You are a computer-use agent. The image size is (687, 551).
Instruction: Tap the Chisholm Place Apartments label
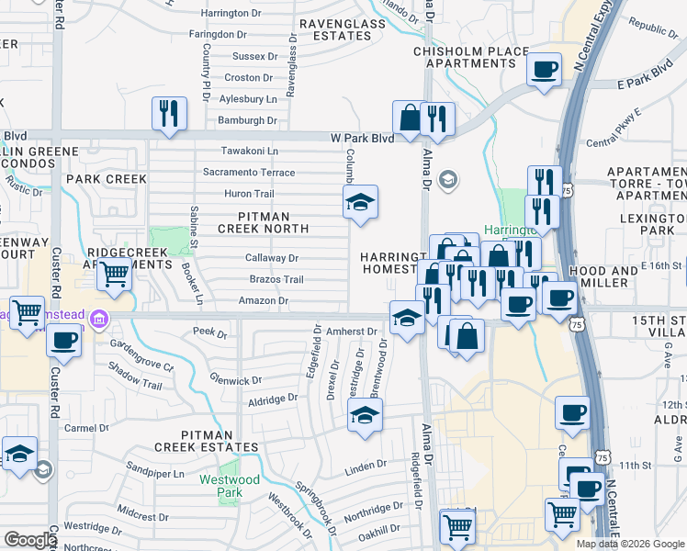coord(471,57)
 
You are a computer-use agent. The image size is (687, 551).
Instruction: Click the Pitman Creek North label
coord(265,221)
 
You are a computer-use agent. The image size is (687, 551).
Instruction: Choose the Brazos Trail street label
coord(276,279)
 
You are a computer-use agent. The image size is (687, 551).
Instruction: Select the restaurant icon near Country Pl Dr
coord(169,113)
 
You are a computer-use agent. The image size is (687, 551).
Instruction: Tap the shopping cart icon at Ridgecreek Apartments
coord(114,274)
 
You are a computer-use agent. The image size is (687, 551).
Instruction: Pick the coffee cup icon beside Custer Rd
coord(63,341)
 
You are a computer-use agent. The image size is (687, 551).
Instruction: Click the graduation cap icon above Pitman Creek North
coord(361,203)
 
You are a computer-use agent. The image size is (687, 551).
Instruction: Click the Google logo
coord(29,540)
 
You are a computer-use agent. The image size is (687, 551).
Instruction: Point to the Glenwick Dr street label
coord(236,380)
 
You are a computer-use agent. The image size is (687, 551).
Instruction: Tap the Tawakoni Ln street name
coord(249,152)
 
